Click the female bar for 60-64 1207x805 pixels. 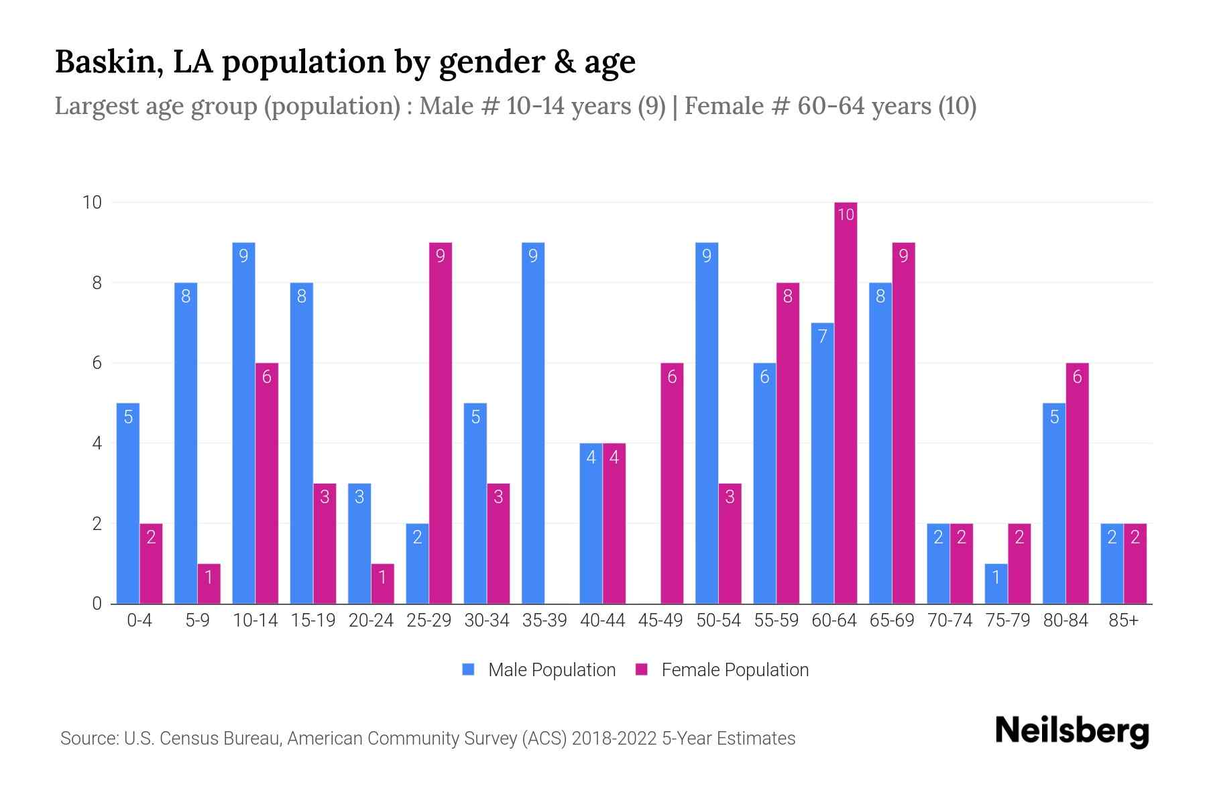pyautogui.click(x=846, y=402)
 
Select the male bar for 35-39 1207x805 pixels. pyautogui.click(x=533, y=423)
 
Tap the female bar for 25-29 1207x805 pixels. pyautogui.click(x=441, y=423)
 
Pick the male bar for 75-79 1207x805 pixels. pyautogui.click(x=996, y=584)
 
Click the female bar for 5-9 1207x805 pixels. pyautogui.click(x=209, y=584)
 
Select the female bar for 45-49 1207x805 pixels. pyautogui.click(x=672, y=483)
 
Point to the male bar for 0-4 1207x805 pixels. pyautogui.click(x=128, y=503)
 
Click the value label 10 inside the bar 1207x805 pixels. pyautogui.click(x=846, y=215)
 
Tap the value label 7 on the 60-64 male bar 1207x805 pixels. pyautogui.click(x=823, y=336)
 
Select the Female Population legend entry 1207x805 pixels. pyautogui.click(x=722, y=669)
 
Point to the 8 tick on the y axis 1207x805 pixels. pyautogui.click(x=97, y=283)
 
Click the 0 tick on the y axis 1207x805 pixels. pyautogui.click(x=97, y=604)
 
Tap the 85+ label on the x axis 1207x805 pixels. pyautogui.click(x=1123, y=621)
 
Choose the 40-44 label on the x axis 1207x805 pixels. pyautogui.click(x=602, y=621)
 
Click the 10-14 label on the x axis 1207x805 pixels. pyautogui.click(x=255, y=621)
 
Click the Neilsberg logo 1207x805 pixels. pyautogui.click(x=1072, y=731)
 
